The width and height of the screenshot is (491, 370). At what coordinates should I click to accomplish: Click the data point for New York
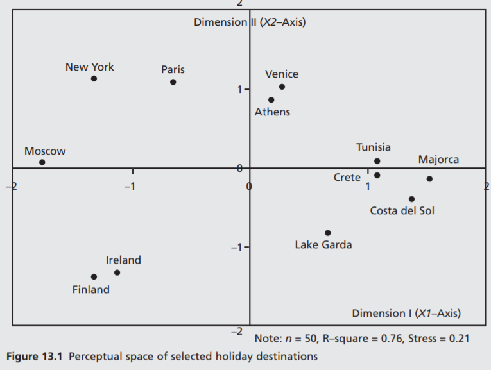(x=94, y=79)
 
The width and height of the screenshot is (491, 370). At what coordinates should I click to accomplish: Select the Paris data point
(x=173, y=82)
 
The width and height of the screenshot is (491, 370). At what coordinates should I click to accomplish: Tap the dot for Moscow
(x=42, y=162)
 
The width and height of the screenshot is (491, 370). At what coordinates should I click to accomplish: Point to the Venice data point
(x=282, y=87)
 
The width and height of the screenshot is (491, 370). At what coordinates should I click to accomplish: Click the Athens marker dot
(x=271, y=100)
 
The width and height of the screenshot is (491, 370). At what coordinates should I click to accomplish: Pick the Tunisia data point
(x=377, y=161)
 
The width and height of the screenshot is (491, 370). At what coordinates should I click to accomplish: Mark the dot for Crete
(x=377, y=175)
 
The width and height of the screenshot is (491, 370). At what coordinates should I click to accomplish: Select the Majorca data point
(x=429, y=179)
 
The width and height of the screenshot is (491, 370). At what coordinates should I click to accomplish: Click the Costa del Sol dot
(x=411, y=199)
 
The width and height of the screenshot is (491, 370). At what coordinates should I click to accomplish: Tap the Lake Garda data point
(x=328, y=233)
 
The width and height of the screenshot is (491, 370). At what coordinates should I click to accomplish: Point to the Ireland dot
(x=117, y=273)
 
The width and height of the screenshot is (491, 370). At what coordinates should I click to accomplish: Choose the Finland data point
(x=94, y=277)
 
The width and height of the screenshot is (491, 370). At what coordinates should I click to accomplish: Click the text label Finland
(x=90, y=290)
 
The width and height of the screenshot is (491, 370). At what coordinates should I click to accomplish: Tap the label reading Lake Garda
(x=323, y=245)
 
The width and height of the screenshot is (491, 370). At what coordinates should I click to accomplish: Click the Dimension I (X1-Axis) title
(x=406, y=314)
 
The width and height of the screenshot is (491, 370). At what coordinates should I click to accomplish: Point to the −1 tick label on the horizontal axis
(x=130, y=186)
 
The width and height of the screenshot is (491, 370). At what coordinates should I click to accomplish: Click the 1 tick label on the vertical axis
(x=239, y=90)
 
